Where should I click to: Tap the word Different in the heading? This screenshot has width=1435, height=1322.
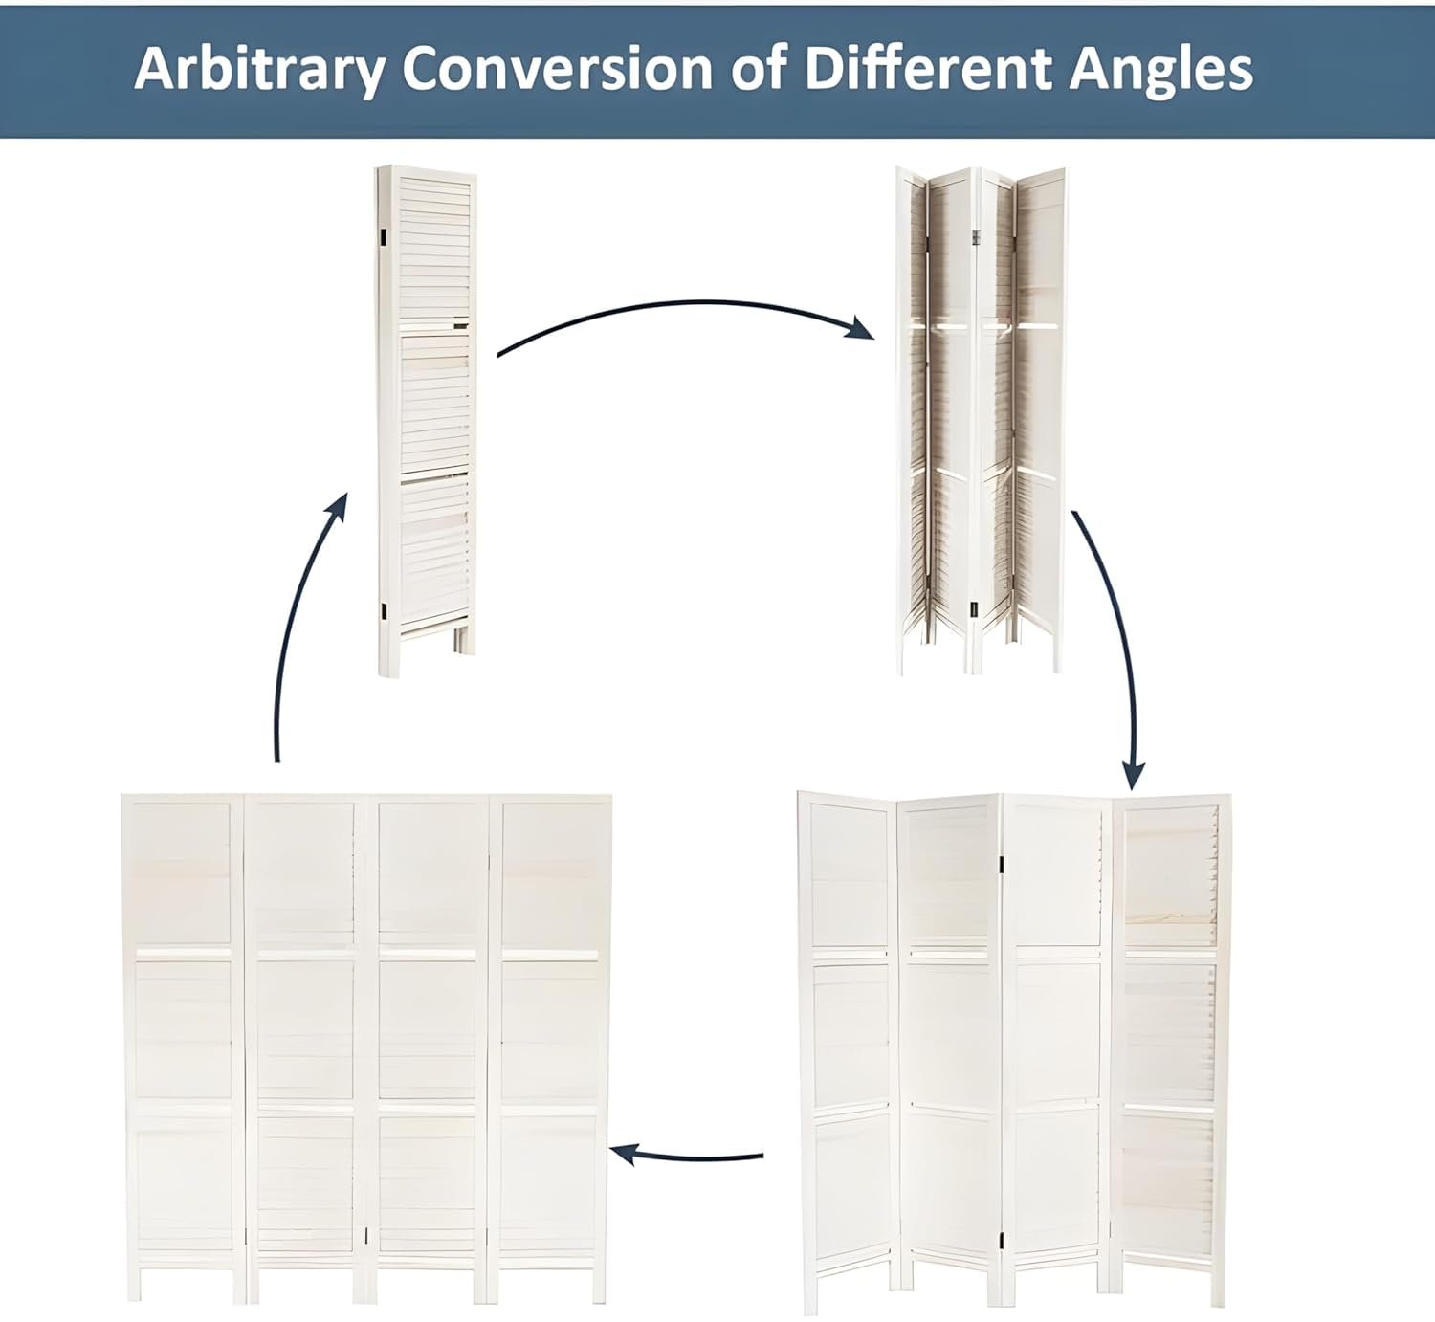[928, 69]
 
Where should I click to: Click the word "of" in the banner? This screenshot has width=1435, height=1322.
[759, 69]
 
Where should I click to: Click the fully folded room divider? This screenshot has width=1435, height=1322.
[427, 421]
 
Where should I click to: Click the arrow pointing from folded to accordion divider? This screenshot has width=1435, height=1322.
[688, 305]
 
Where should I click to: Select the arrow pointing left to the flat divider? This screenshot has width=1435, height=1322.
[686, 1157]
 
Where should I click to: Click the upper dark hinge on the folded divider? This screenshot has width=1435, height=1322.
[383, 235]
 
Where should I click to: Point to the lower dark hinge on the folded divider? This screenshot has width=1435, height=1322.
[384, 610]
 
